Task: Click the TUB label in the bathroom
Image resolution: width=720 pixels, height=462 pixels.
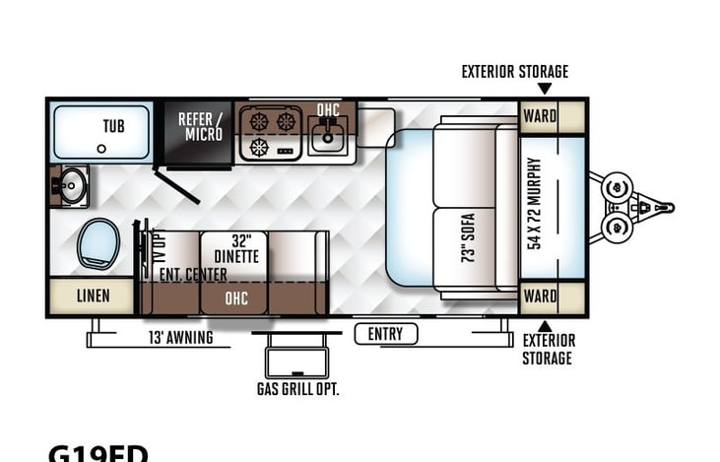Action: click(113, 127)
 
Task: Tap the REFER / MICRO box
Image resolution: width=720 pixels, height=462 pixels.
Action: click(200, 127)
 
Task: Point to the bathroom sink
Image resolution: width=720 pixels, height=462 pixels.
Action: click(70, 185)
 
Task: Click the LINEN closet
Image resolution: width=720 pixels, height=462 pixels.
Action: click(93, 296)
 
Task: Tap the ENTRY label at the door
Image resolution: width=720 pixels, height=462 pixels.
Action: click(385, 334)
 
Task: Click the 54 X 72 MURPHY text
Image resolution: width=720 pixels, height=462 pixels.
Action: click(535, 204)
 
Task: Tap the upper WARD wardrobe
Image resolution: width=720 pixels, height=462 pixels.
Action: click(540, 115)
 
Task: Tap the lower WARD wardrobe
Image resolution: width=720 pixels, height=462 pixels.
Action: click(540, 296)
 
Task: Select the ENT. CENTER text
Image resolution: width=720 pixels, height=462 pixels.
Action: click(193, 274)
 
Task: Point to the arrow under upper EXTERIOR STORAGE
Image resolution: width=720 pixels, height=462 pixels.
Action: click(544, 89)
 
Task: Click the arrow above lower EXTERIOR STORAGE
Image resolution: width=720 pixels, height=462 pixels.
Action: click(544, 325)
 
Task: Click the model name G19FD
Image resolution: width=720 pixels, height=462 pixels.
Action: click(98, 453)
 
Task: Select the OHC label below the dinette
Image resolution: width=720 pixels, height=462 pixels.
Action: click(236, 297)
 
